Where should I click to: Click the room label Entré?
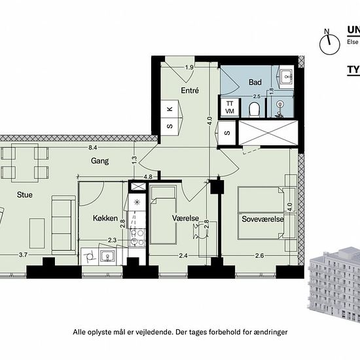pos(190,90)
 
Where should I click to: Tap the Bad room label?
pos(255,82)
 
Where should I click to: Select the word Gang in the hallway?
pos(100,160)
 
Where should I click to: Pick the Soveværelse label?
pos(262,219)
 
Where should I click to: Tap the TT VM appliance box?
pos(230,108)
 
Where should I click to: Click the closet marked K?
pos(170,109)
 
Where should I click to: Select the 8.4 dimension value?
pos(94,149)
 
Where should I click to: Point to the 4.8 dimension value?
pos(148,176)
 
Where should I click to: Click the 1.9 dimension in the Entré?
pos(189,67)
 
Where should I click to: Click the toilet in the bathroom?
pos(255,108)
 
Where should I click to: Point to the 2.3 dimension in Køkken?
pos(112,240)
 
